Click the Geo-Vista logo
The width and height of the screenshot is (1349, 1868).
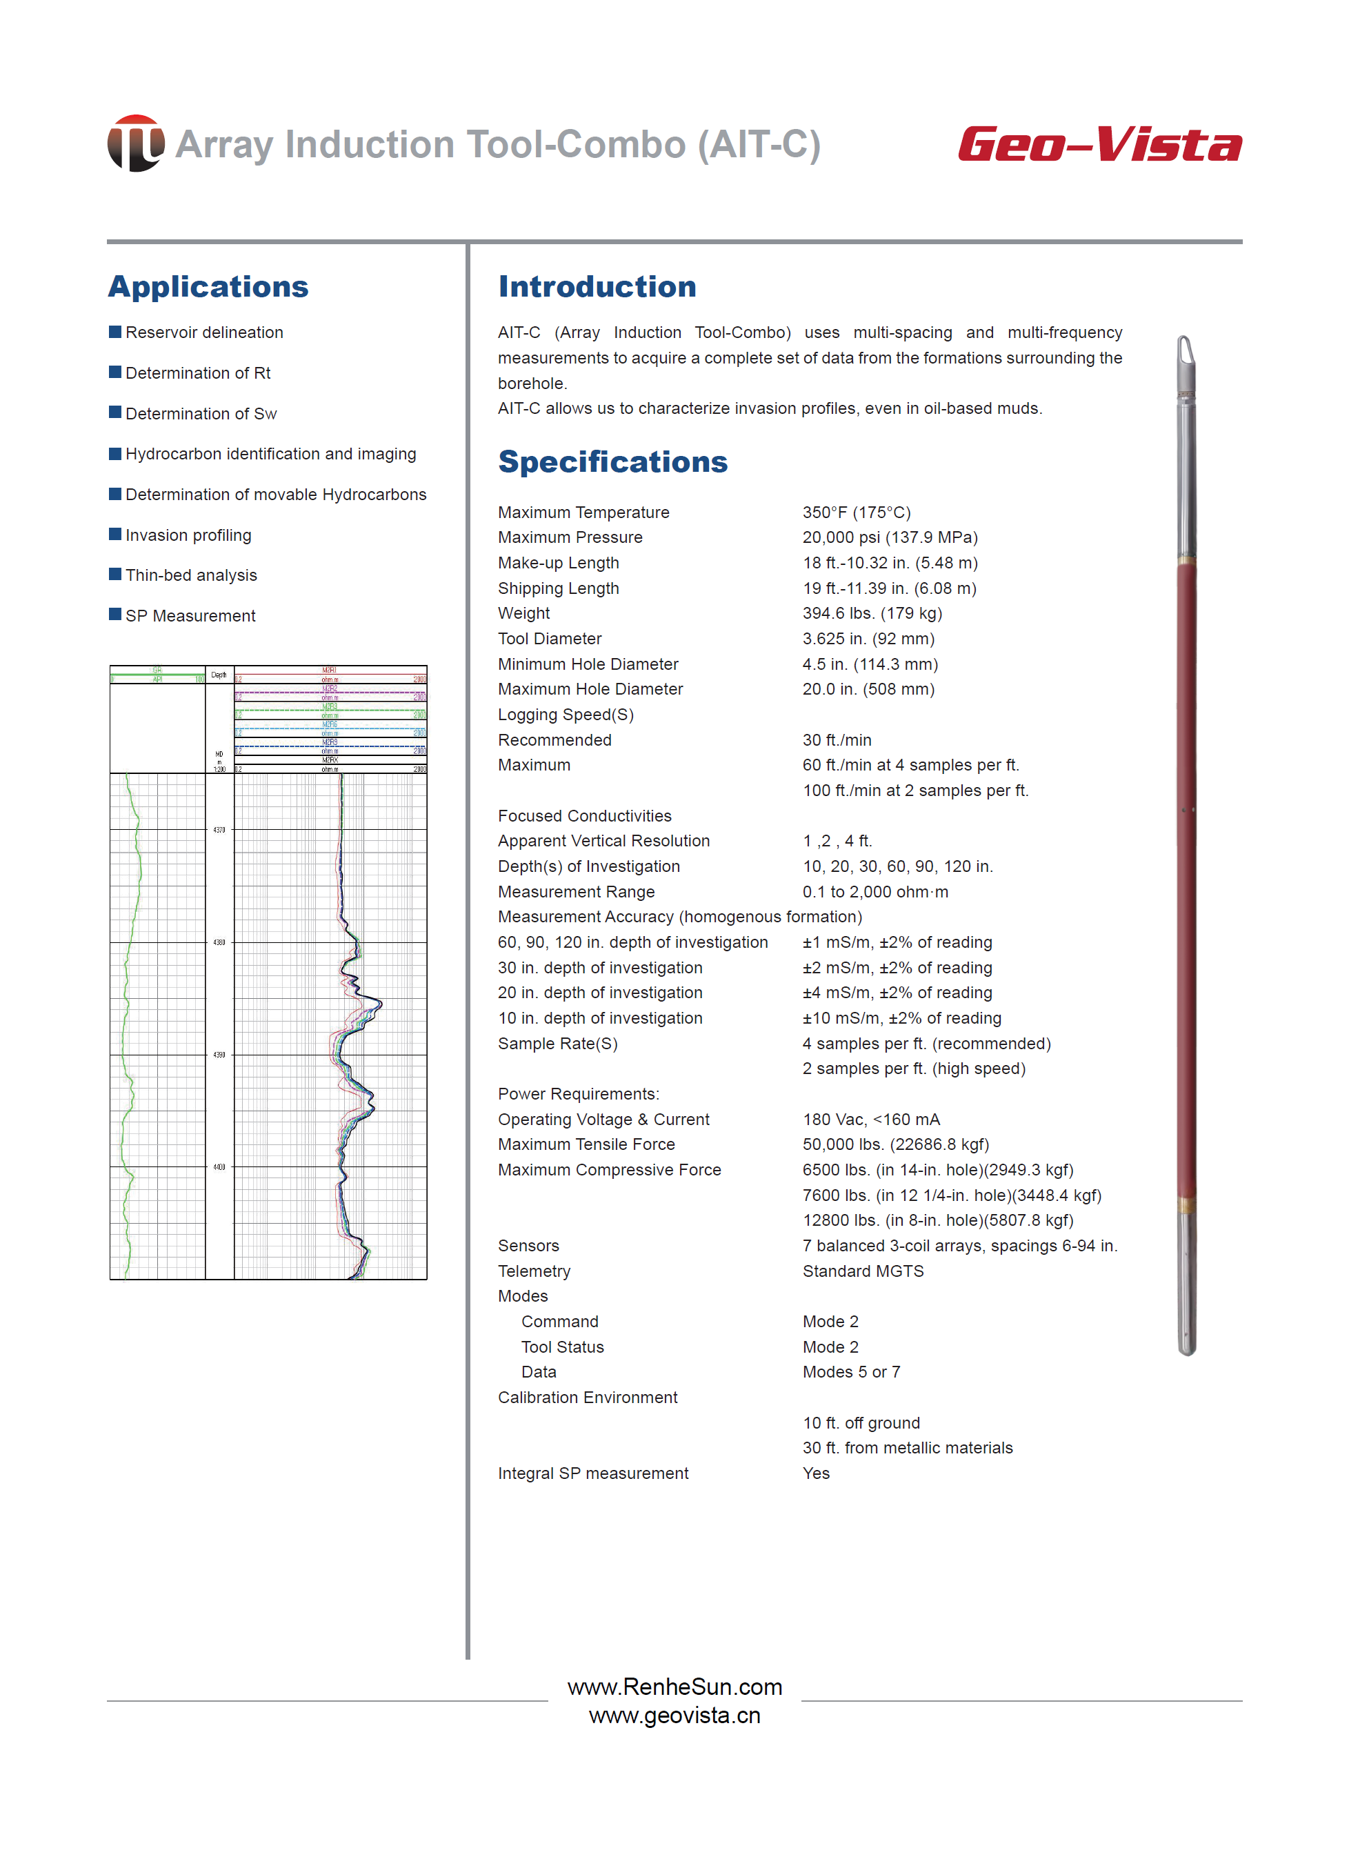point(1099,145)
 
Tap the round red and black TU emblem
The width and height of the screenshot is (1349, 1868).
point(136,143)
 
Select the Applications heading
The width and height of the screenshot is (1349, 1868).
point(208,287)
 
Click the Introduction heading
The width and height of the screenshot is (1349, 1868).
point(597,287)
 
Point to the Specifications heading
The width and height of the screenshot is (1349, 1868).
point(612,462)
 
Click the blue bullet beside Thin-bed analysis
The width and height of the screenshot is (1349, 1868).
point(115,574)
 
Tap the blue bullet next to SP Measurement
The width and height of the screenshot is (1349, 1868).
point(115,615)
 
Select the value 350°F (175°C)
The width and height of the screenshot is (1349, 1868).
point(857,513)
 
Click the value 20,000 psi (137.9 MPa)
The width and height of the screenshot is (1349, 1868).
point(890,537)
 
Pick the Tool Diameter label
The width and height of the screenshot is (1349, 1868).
point(549,638)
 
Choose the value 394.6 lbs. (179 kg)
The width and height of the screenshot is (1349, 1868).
point(872,613)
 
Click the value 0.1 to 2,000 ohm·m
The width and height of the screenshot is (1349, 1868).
point(875,891)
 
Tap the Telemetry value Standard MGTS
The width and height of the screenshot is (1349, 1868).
point(863,1271)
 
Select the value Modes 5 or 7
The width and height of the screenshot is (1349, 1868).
point(852,1371)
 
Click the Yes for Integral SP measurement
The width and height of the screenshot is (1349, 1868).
point(816,1473)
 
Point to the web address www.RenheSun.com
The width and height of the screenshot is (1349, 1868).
point(674,1687)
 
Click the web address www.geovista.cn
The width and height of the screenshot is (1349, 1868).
point(674,1716)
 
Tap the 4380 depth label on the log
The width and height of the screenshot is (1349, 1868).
point(219,942)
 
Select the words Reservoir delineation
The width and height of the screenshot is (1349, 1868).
point(204,332)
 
